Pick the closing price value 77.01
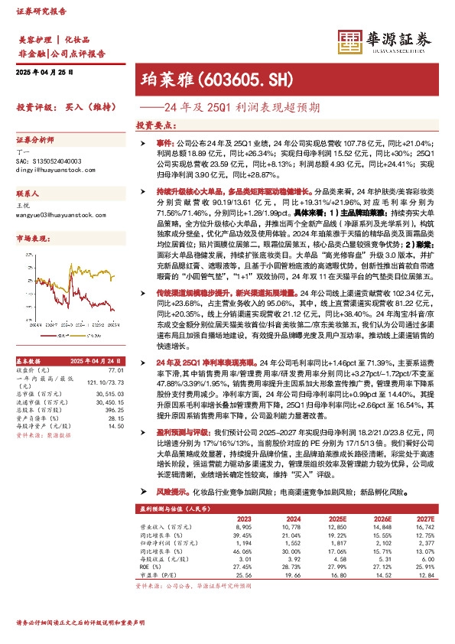pos(116,369)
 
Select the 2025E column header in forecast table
pos(338,518)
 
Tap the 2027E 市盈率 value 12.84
pos(424,574)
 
